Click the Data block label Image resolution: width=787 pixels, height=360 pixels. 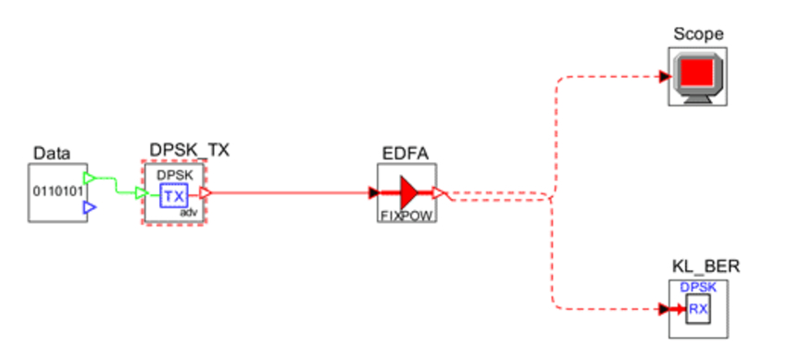point(52,153)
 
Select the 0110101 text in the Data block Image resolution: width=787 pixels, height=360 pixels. point(56,192)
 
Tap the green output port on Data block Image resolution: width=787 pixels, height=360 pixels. point(90,177)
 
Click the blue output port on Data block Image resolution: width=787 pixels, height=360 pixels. point(90,208)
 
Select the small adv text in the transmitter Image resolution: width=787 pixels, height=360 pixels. point(192,213)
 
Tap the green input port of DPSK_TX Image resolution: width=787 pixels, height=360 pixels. point(141,193)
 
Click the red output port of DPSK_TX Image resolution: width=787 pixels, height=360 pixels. point(206,193)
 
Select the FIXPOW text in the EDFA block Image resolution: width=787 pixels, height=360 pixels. point(406,215)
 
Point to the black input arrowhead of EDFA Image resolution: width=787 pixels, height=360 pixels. point(374,193)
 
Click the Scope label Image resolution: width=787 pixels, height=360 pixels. point(698,34)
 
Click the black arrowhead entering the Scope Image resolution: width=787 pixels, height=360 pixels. point(665,77)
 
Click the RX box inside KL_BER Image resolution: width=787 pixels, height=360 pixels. point(698,309)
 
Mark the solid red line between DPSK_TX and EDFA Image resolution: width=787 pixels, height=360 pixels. point(287,193)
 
